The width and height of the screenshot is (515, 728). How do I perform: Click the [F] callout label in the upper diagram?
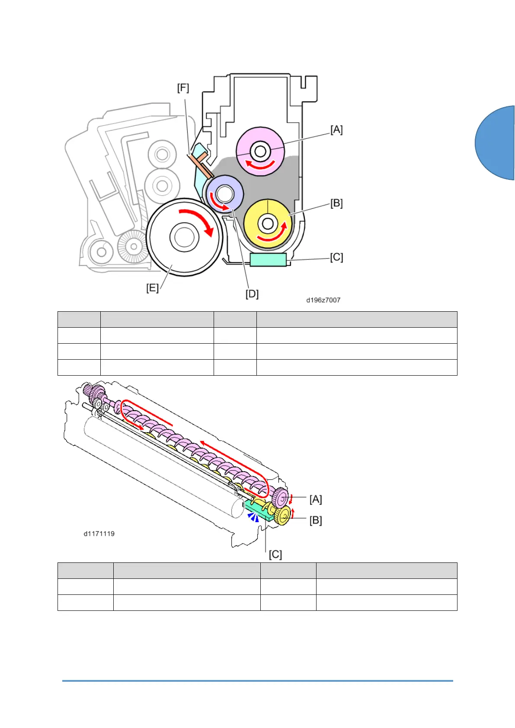coord(183,88)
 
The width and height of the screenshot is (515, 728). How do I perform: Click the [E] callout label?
coord(152,288)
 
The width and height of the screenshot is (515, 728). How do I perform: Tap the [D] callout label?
coord(252,294)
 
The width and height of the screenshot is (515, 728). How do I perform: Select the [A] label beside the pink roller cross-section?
coord(336,130)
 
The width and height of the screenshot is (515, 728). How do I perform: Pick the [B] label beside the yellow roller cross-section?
coord(336,204)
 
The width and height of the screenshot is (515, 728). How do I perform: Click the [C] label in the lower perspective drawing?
coord(275,555)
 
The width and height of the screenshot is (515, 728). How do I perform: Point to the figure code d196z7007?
coord(323,300)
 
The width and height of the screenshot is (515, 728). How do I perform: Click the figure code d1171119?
coord(99,533)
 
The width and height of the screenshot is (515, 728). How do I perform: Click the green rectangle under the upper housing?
coord(268,260)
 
